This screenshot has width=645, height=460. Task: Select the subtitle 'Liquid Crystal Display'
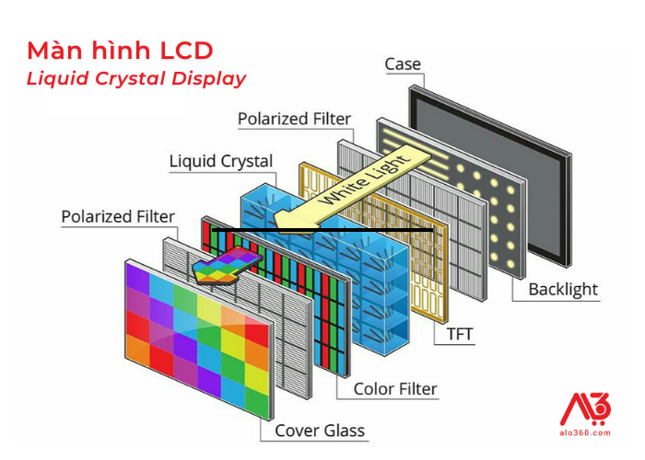click(x=136, y=78)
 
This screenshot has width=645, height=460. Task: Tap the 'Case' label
click(x=402, y=64)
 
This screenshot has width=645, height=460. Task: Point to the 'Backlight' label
click(x=562, y=290)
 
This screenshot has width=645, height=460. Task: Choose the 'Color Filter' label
click(x=395, y=389)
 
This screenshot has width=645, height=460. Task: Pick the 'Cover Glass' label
click(x=320, y=431)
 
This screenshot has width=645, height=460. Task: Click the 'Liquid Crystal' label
click(x=221, y=162)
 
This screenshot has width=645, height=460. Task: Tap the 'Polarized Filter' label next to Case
click(x=294, y=119)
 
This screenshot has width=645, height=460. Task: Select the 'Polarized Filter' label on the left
click(x=117, y=217)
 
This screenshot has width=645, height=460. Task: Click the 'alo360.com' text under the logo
click(x=585, y=431)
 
